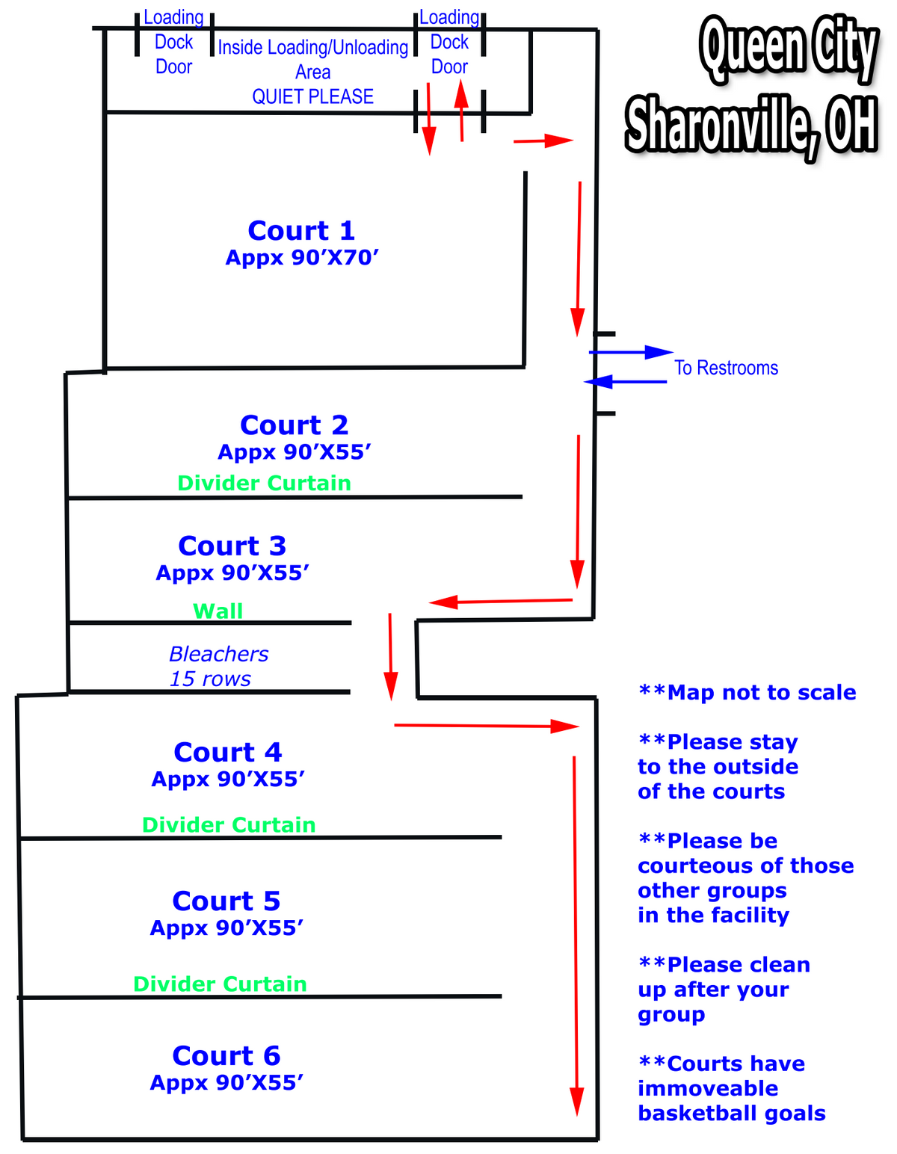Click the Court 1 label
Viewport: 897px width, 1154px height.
[x=301, y=230]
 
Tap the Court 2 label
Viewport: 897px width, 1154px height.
[x=294, y=425]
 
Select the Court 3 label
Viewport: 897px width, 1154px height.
[x=232, y=546]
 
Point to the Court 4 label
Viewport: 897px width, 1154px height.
[x=228, y=751]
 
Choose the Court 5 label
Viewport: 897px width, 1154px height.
[x=226, y=900]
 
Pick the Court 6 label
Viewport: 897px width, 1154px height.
[x=226, y=1055]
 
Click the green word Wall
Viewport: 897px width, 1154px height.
[x=218, y=611]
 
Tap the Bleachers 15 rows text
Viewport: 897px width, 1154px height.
[x=218, y=666]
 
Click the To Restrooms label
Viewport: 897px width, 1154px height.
[x=726, y=368]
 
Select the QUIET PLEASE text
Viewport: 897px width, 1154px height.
[x=312, y=96]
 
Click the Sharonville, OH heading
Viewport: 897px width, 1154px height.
[x=751, y=126]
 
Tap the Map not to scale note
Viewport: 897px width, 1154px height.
[x=747, y=693]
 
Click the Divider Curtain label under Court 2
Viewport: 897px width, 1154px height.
[x=264, y=483]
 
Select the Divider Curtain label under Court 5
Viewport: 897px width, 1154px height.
[x=220, y=984]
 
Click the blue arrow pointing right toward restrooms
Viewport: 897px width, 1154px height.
[x=631, y=352]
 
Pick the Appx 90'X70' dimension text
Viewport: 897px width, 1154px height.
[x=302, y=258]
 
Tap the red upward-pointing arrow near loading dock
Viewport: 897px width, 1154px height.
[x=461, y=111]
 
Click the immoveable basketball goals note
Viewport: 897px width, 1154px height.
[x=731, y=1088]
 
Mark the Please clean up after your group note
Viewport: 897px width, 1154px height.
[x=724, y=990]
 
